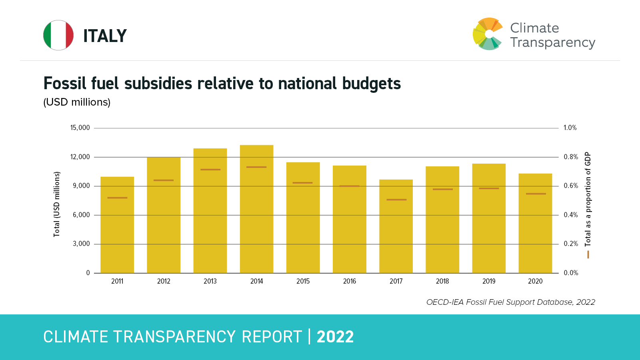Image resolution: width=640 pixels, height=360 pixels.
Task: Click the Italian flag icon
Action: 58,35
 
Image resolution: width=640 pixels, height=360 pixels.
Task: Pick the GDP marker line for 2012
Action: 164,180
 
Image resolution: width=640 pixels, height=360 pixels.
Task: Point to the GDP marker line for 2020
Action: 536,194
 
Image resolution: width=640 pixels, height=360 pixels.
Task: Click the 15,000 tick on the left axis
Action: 80,128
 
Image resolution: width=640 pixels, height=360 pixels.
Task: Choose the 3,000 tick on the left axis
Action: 81,244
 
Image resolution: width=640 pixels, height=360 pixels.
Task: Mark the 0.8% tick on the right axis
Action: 571,157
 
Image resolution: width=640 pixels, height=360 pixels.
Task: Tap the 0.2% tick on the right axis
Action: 571,244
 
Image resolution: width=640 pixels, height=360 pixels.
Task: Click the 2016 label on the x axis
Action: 350,281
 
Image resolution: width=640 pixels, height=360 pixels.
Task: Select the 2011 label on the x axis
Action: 117,281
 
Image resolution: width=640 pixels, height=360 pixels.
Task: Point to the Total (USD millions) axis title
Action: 57,204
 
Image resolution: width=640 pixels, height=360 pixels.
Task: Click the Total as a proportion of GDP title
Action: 588,199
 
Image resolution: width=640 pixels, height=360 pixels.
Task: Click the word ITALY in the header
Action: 105,36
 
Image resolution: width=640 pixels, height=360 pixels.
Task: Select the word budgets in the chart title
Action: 371,84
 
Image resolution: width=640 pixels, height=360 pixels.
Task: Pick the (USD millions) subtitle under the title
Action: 77,102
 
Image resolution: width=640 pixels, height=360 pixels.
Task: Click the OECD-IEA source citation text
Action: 510,302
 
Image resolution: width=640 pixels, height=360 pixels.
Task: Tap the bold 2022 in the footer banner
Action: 335,337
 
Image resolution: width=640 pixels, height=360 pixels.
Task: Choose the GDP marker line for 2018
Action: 442,189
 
